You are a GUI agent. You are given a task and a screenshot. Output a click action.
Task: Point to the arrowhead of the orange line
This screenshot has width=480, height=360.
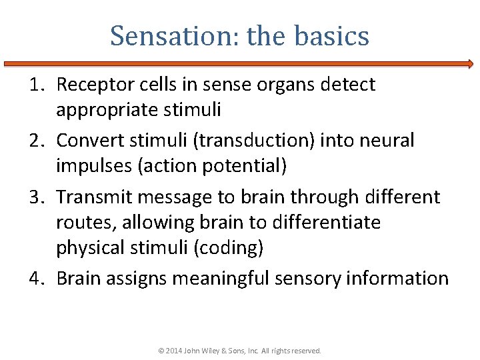coord(470,65)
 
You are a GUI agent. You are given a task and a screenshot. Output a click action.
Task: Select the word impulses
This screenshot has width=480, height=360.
coord(94,165)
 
